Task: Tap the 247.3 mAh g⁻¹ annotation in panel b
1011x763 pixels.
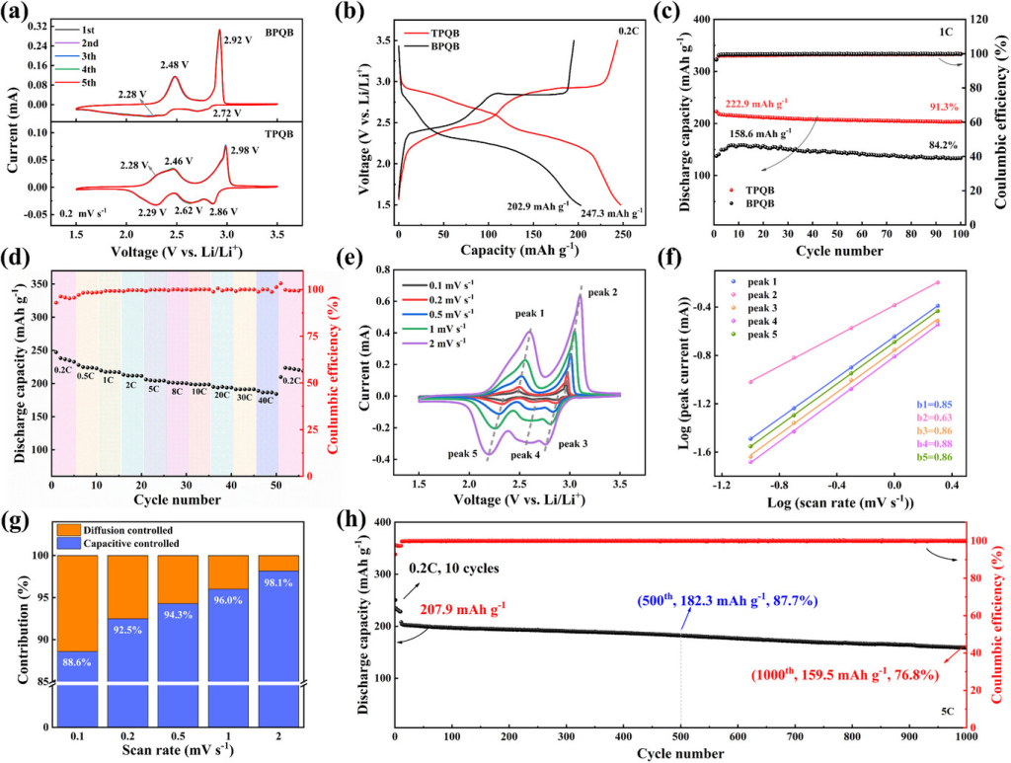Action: coord(617,212)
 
